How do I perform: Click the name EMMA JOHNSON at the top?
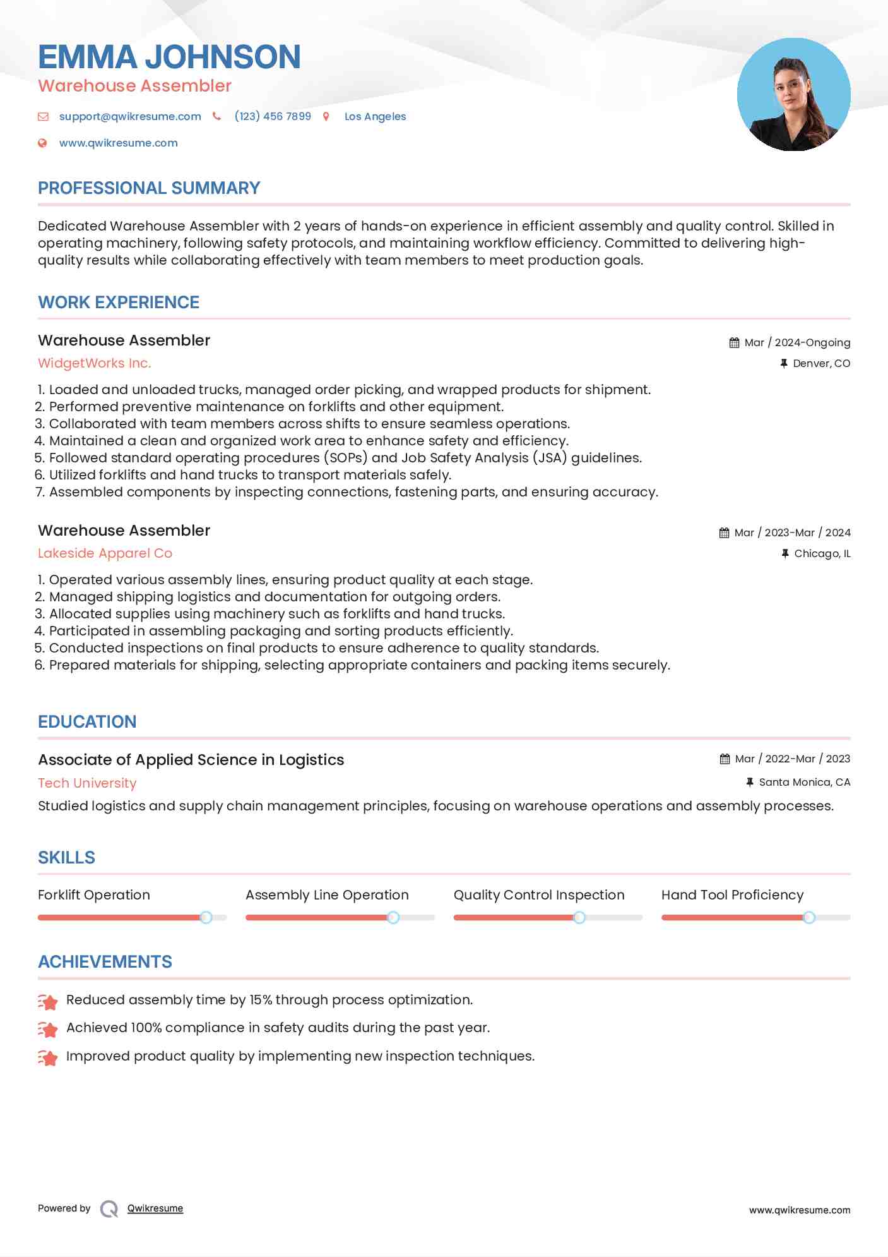coord(169,57)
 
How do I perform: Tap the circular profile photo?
coord(793,95)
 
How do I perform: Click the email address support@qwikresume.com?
coord(130,116)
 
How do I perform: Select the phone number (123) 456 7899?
coord(273,116)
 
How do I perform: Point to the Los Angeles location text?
coord(375,116)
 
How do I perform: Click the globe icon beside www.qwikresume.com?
coord(42,143)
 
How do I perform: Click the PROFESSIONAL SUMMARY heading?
coord(149,188)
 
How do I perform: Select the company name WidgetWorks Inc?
coord(94,363)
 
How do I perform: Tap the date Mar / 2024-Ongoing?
coord(797,342)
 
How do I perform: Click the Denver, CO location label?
coord(821,363)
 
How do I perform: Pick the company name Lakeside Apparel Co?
coord(105,553)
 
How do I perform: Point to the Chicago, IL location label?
coord(822,553)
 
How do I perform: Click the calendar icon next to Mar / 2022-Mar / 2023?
coord(725,759)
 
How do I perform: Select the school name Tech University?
coord(87,783)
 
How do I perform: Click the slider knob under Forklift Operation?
coord(206,917)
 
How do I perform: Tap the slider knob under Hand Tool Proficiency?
coord(808,917)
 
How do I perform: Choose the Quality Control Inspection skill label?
coord(538,895)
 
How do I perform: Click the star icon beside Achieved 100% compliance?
coord(48,1030)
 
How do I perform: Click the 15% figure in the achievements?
coord(261,1000)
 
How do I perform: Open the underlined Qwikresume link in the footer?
coord(155,1208)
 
